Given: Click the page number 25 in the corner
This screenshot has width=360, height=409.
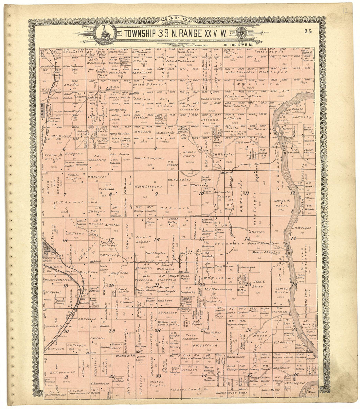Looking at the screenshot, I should (307, 31).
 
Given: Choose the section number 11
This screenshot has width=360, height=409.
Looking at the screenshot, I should (247, 193).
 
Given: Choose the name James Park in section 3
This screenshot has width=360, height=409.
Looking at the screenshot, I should (189, 154).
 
